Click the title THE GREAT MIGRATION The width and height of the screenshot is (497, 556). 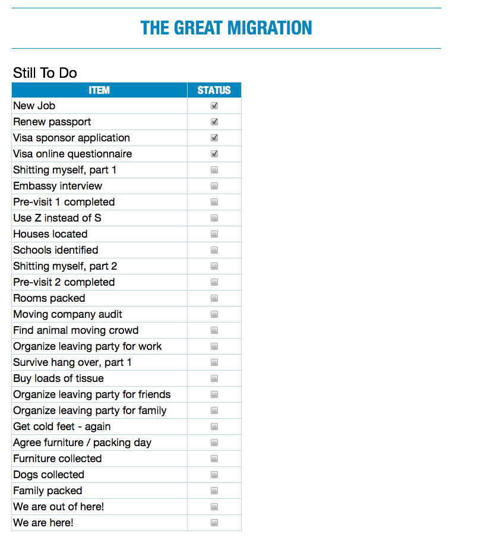[226, 28]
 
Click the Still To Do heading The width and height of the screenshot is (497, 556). [45, 73]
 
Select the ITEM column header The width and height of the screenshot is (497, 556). [99, 90]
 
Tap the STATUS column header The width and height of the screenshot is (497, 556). [214, 90]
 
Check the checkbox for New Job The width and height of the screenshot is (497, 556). [214, 106]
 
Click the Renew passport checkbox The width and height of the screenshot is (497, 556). [214, 122]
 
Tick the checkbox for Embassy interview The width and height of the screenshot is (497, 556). [214, 186]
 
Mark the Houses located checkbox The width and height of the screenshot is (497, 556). [214, 234]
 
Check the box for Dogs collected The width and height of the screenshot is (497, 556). [214, 475]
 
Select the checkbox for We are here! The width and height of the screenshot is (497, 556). [214, 523]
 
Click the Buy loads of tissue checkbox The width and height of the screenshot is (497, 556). [214, 378]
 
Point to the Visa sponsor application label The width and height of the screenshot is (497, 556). [71, 138]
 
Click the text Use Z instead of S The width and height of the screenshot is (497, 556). [57, 218]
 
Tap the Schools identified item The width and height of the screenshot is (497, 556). [56, 250]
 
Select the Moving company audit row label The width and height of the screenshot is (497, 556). [68, 314]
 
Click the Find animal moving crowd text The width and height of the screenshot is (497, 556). [75, 330]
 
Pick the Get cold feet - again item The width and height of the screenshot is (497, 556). [62, 427]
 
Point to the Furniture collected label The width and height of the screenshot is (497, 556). [58, 459]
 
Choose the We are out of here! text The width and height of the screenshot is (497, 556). [59, 507]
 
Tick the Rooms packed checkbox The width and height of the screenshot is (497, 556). [214, 298]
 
